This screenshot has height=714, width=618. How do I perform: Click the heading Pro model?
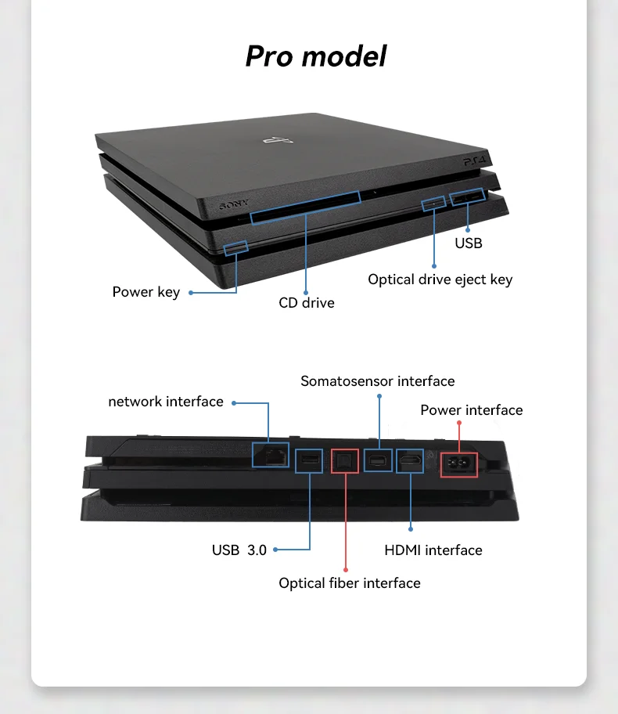tap(316, 56)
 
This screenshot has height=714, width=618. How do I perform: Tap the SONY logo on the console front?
tap(233, 205)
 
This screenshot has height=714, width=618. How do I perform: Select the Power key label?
tap(146, 292)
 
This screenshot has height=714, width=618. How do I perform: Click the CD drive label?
tap(307, 302)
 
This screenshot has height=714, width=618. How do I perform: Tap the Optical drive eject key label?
tap(440, 279)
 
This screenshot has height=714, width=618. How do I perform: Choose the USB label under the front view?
tap(469, 243)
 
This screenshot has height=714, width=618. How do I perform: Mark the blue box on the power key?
tap(236, 248)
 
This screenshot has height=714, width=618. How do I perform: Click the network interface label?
tap(166, 402)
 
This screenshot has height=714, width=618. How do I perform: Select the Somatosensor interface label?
tap(378, 381)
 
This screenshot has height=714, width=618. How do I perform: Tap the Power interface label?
tap(471, 410)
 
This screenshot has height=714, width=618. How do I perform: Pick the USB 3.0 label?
tap(239, 550)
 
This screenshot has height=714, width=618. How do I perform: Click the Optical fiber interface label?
tap(350, 583)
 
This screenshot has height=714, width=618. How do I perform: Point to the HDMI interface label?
tap(433, 550)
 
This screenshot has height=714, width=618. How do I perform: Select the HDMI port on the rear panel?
tap(410, 462)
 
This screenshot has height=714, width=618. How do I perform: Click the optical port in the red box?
tap(344, 461)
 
